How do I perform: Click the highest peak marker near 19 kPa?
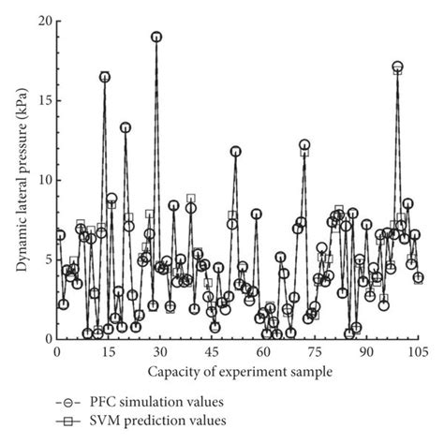(156, 37)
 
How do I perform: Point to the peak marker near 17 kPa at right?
(397, 67)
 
